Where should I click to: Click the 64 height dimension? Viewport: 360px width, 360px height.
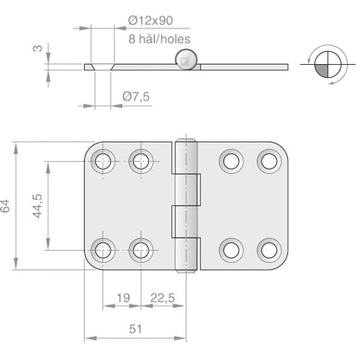(x=8, y=205)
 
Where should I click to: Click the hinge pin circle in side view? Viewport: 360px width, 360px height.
(x=184, y=59)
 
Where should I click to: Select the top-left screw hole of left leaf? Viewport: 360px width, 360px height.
(x=105, y=159)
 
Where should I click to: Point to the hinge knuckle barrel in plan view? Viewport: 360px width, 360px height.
(x=183, y=205)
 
